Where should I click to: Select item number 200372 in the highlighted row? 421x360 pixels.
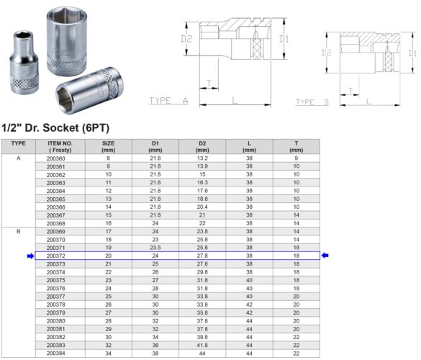55,256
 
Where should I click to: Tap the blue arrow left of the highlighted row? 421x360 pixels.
30,256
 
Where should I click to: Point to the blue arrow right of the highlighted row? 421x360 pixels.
325,256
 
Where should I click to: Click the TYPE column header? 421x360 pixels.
19,143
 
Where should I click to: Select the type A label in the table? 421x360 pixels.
19,158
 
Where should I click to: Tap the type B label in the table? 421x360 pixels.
19,231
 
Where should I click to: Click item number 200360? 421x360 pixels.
55,158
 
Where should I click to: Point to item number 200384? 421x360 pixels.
55,354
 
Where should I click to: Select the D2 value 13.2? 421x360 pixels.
202,158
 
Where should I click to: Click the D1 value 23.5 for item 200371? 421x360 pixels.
155,247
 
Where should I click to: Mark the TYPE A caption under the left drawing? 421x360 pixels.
168,102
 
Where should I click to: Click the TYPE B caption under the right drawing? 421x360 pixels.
312,103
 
